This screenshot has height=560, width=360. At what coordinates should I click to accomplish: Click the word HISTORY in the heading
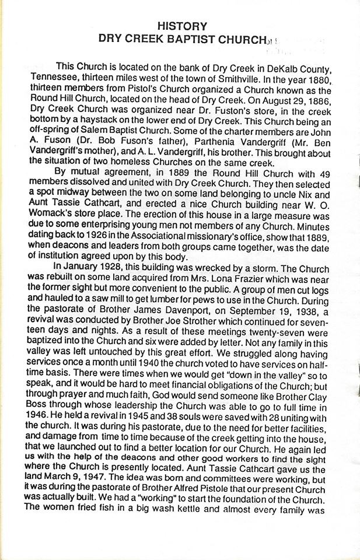[182, 26]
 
